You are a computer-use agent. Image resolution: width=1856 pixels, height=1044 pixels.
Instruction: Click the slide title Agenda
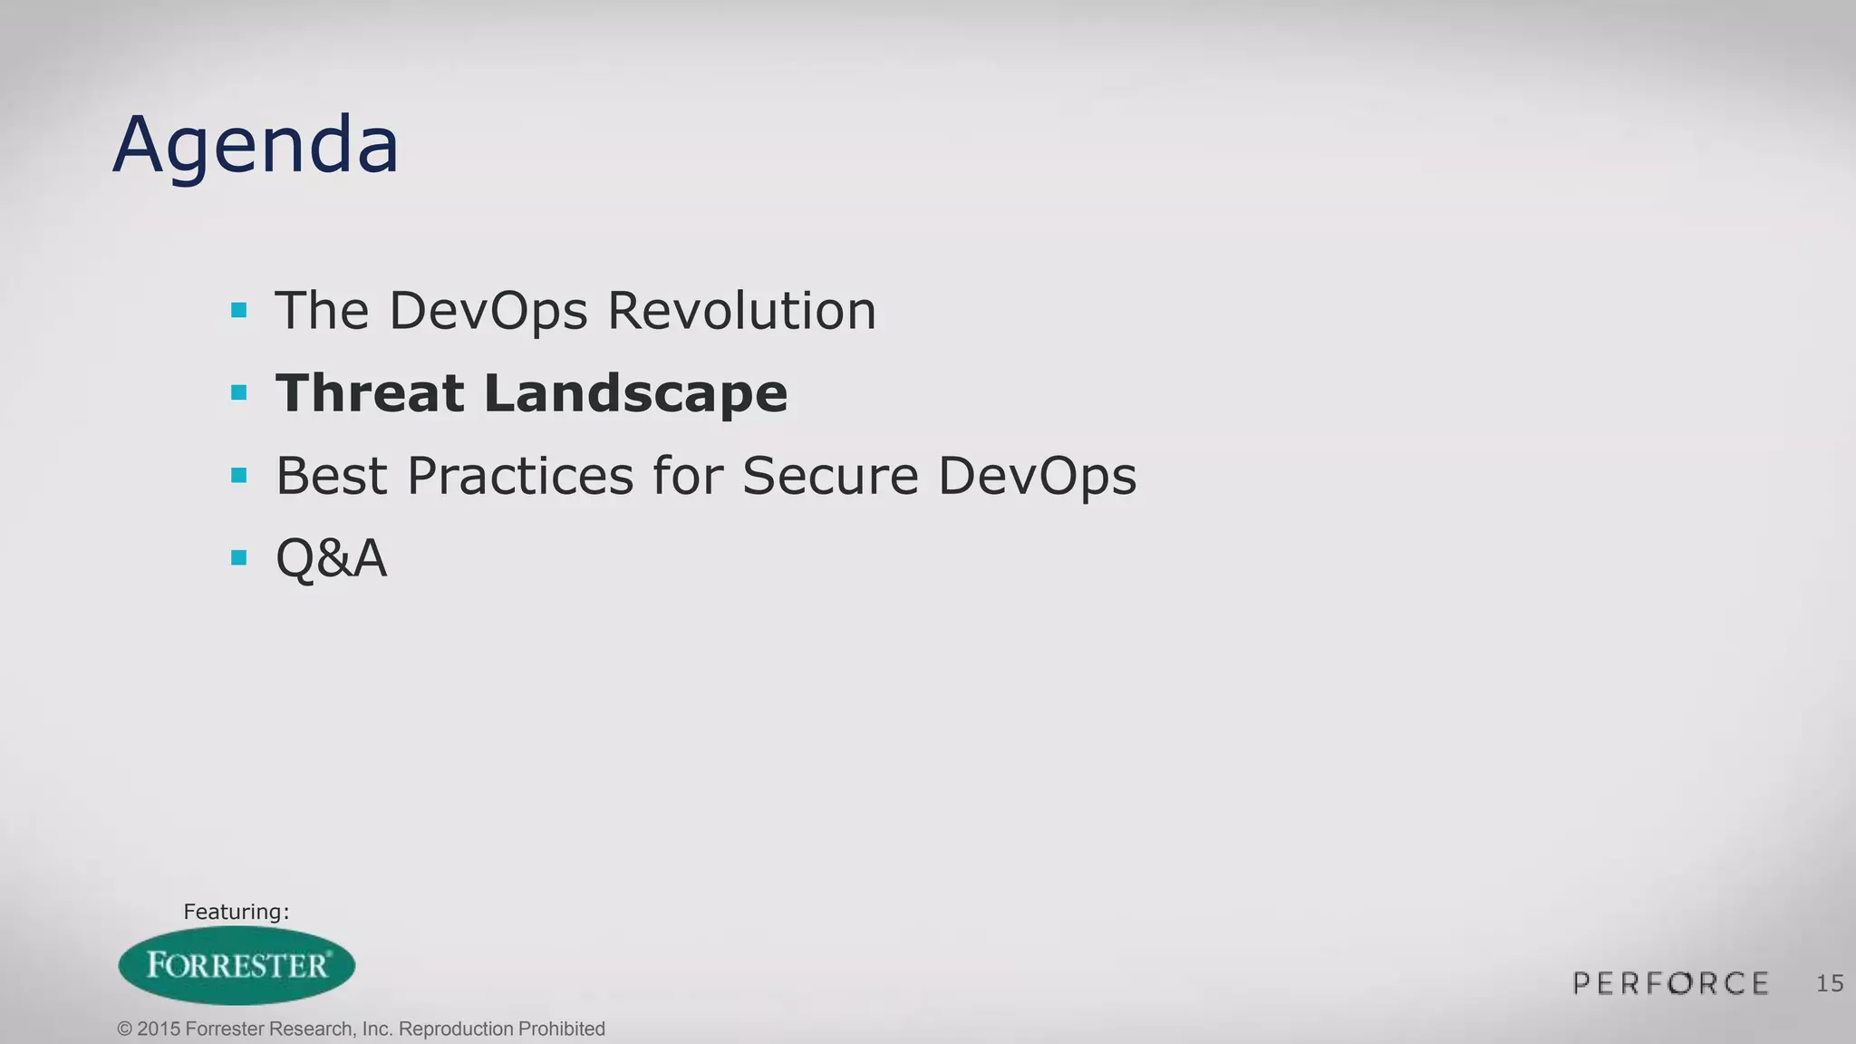click(x=256, y=145)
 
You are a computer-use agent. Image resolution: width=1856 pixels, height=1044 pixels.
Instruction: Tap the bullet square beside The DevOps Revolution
click(x=239, y=311)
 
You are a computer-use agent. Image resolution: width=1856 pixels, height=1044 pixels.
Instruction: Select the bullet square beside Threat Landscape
click(x=239, y=392)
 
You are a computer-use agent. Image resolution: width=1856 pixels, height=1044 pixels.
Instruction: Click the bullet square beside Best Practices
click(x=239, y=475)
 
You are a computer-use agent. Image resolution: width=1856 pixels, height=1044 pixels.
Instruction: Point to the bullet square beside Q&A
click(x=239, y=557)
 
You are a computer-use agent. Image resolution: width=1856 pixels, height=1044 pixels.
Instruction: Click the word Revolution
click(x=741, y=311)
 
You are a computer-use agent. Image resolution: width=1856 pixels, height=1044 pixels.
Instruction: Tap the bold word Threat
click(x=370, y=393)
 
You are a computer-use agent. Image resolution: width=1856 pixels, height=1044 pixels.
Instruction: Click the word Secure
click(x=830, y=476)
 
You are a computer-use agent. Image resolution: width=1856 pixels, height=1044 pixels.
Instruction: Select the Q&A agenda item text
click(x=332, y=558)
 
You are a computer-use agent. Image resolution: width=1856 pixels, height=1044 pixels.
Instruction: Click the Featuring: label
click(x=236, y=912)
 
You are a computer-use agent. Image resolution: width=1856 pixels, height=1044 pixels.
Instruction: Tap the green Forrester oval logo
click(x=237, y=965)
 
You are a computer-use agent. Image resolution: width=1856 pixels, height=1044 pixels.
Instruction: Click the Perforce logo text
click(x=1671, y=983)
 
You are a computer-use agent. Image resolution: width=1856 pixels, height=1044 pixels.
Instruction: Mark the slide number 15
click(x=1830, y=984)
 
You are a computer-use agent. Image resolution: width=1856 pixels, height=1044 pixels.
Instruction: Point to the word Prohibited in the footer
click(x=561, y=1029)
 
